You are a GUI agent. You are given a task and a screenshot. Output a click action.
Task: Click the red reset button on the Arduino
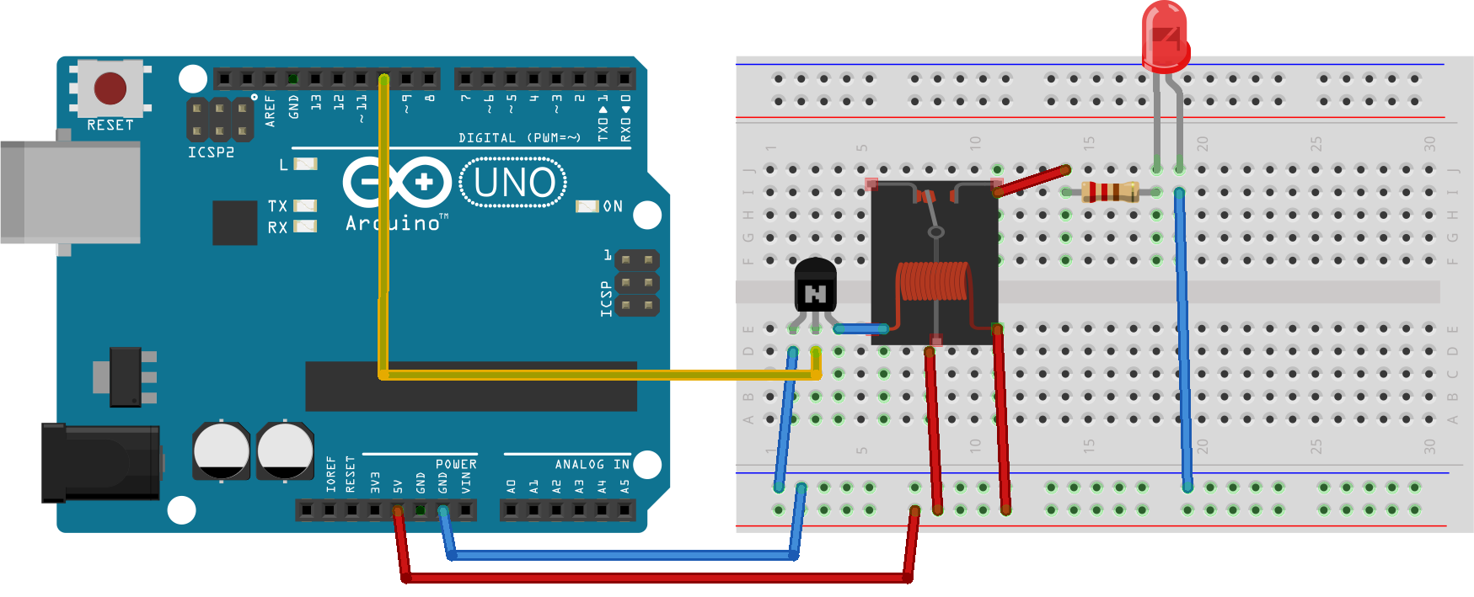click(110, 88)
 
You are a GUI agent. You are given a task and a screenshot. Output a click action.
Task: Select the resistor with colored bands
click(1110, 192)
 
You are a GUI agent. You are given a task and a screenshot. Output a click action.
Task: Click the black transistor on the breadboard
click(815, 285)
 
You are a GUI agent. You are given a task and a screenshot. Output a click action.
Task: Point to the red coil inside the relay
click(934, 281)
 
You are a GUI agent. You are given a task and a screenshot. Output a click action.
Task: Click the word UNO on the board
click(514, 183)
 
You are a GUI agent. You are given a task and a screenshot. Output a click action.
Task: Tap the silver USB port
click(71, 192)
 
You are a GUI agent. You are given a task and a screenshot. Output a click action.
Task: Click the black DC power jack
click(101, 462)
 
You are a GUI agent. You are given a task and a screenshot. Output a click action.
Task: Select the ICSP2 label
click(211, 152)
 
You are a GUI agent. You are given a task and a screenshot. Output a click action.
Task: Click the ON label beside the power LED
click(613, 206)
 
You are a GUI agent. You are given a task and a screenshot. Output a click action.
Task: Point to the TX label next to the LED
click(277, 206)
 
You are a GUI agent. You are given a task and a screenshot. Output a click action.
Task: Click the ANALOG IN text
click(592, 464)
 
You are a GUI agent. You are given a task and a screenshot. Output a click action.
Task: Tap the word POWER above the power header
click(456, 464)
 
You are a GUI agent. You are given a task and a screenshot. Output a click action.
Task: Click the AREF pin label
click(271, 111)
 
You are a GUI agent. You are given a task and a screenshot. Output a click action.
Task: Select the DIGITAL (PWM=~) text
click(519, 137)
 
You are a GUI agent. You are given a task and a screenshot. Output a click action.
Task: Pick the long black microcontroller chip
click(470, 386)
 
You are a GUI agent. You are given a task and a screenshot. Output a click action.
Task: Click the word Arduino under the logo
click(394, 224)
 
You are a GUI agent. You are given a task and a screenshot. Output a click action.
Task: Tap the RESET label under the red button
click(110, 125)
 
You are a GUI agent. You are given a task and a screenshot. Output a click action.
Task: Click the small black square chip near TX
click(234, 222)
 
